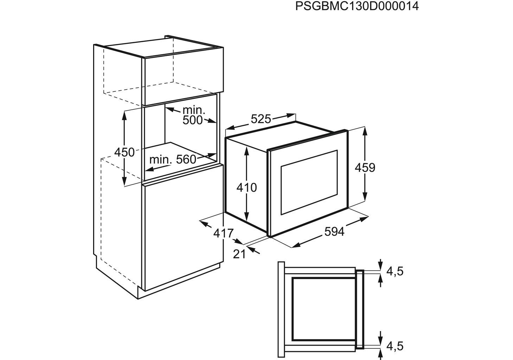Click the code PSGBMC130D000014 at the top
[357, 6]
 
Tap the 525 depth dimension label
[261, 119]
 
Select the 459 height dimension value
[365, 168]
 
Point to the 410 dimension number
[247, 188]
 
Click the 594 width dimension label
[335, 232]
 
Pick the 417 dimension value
[223, 233]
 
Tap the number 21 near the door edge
[239, 254]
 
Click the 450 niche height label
[124, 152]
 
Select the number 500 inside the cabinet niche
[193, 120]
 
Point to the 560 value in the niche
[186, 160]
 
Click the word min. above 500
[194, 110]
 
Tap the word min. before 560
[161, 160]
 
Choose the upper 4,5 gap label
[395, 271]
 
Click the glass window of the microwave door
[309, 182]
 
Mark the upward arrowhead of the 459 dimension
[365, 131]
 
